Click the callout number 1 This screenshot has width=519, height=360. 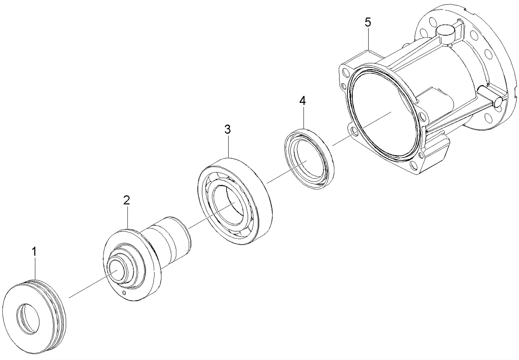tap(34, 252)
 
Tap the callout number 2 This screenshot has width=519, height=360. tap(127, 200)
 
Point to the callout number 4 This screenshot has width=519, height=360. tap(302, 101)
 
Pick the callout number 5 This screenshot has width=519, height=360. tap(368, 22)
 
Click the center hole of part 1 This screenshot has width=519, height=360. tap(28, 319)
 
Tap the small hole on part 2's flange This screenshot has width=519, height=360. tap(124, 293)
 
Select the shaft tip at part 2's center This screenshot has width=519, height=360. tap(115, 270)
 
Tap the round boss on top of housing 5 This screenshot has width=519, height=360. tap(444, 32)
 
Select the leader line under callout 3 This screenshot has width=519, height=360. tap(228, 146)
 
